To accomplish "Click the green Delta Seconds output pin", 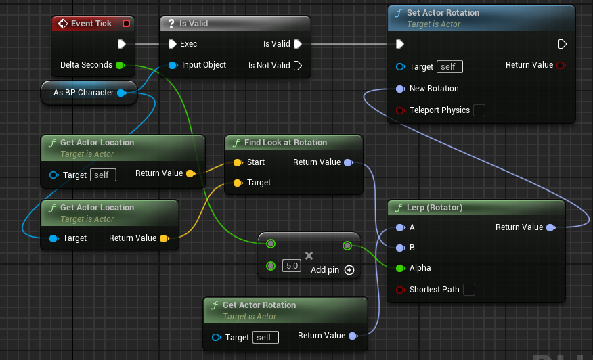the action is (x=120, y=65).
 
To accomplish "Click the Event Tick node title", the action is (x=91, y=24).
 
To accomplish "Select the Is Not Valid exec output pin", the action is (x=298, y=66).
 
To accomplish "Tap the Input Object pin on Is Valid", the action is (x=173, y=66).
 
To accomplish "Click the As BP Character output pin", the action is (x=121, y=93).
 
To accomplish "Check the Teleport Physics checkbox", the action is (x=479, y=110).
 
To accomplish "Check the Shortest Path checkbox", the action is (x=469, y=290).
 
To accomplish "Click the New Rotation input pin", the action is (x=400, y=89).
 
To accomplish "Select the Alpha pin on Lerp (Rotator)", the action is (x=400, y=268).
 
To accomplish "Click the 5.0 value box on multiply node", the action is (x=292, y=265).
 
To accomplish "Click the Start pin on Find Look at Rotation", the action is (x=238, y=162).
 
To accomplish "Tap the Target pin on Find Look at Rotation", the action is (x=238, y=183).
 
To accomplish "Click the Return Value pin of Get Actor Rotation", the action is (x=353, y=336).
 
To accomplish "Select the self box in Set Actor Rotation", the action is (x=449, y=67).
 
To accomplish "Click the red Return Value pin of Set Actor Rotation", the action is (x=561, y=66).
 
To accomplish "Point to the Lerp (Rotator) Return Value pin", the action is (x=551, y=227).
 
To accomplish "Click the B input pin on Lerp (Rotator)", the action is (x=400, y=248).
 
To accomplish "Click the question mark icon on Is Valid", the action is (x=171, y=24).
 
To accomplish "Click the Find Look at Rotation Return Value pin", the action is (x=349, y=162).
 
